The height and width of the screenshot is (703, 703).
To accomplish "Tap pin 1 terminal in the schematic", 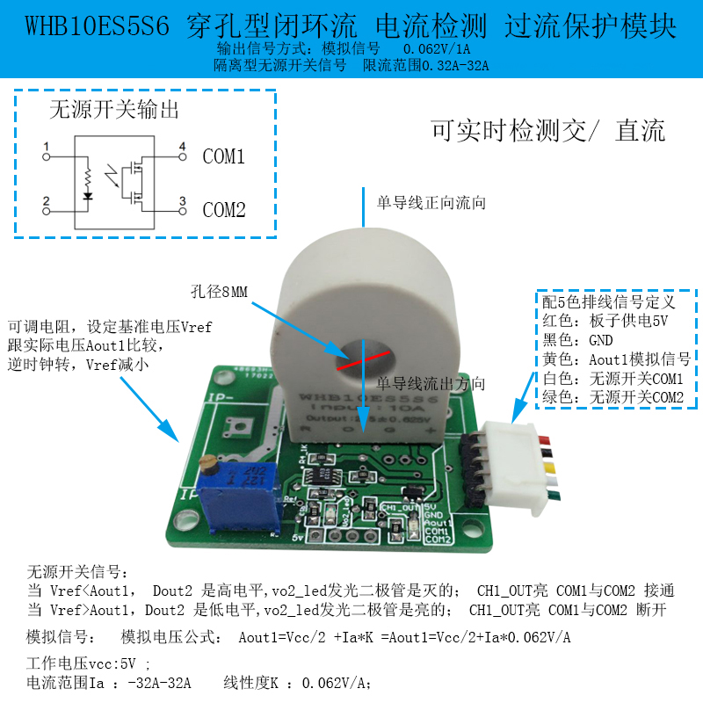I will [x=47, y=156].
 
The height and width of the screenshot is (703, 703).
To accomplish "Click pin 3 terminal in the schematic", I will [x=183, y=210].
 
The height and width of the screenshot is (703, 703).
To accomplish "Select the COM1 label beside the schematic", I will [x=224, y=157].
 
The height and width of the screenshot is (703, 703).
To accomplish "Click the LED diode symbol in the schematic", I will [x=88, y=196].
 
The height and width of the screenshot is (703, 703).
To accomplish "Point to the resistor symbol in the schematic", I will [x=88, y=176].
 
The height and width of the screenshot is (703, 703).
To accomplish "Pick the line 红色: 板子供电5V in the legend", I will [x=607, y=321].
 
